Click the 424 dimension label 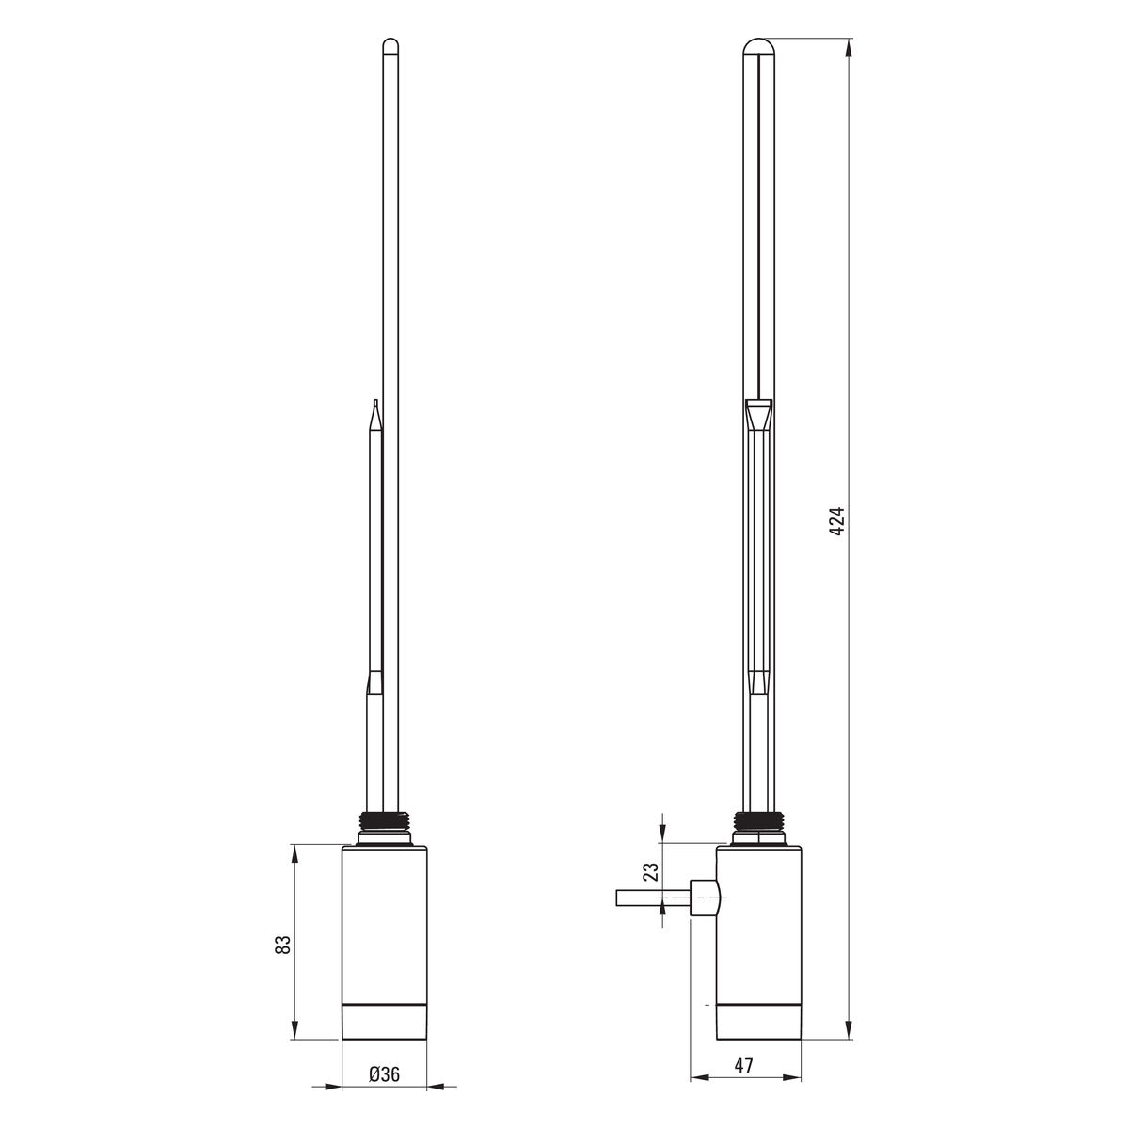(837, 521)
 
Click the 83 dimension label (282, 945)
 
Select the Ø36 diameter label (385, 1073)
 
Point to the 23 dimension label (651, 887)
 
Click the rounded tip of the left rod (390, 44)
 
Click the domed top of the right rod (758, 46)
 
